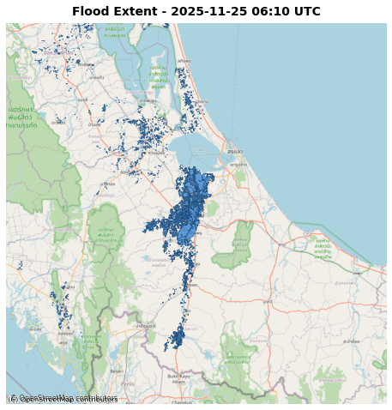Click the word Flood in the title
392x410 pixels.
point(91,12)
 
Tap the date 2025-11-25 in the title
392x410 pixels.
point(204,12)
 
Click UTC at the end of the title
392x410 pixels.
point(305,12)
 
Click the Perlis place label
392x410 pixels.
point(127,383)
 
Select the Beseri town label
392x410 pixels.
point(118,371)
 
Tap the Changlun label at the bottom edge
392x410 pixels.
point(182,401)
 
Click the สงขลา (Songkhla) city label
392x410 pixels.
point(234,151)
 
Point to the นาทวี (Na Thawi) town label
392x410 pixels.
point(268,302)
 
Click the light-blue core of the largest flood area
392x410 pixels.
point(190,206)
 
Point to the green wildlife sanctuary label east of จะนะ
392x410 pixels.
point(323,250)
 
